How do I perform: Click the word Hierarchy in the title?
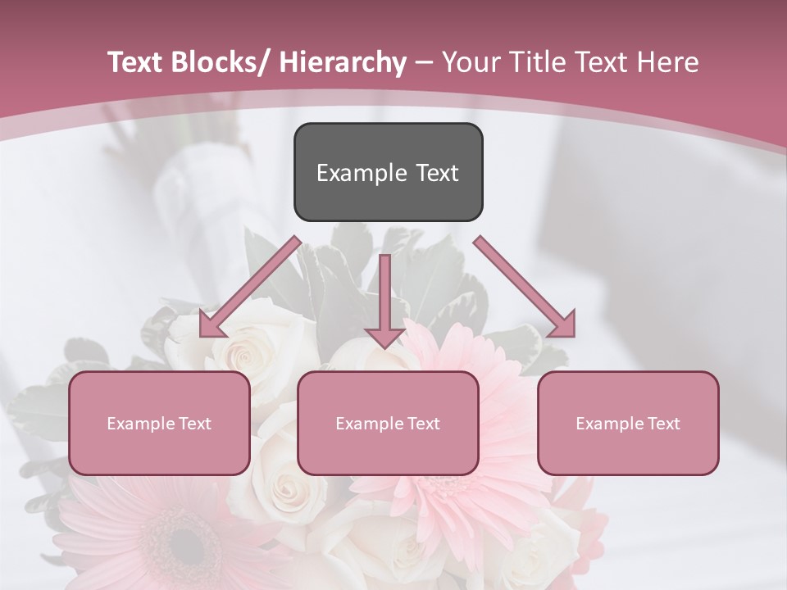[x=343, y=63]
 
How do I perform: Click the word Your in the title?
[x=470, y=63]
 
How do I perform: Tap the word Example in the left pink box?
[x=136, y=424]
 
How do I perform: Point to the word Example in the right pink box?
[x=605, y=424]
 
